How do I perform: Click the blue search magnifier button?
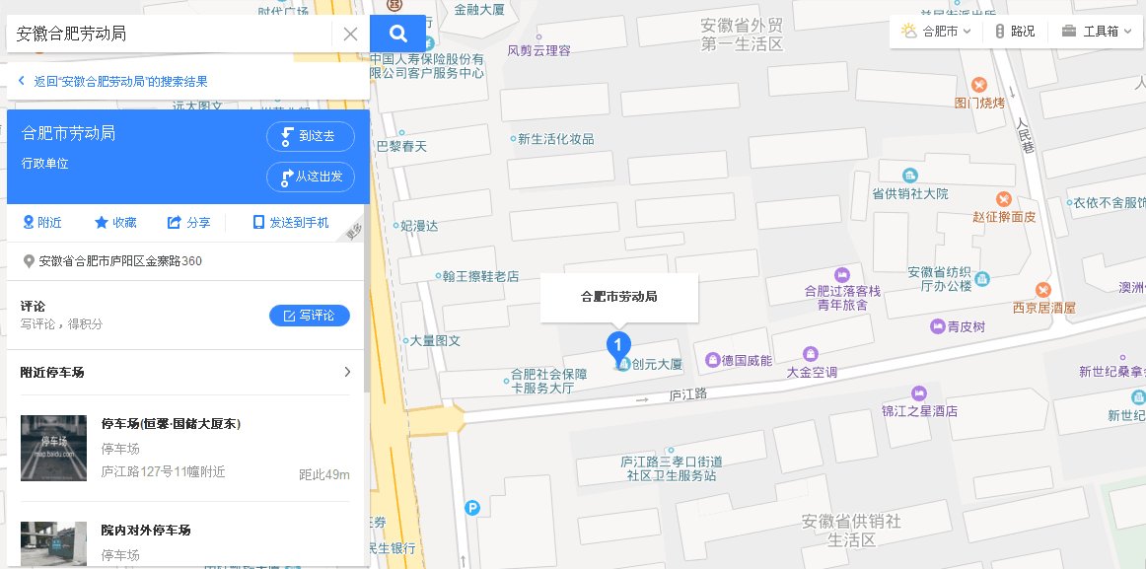(398, 34)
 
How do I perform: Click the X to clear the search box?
(350, 34)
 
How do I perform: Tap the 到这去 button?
(310, 136)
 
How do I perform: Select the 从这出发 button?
(310, 177)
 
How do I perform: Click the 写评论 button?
(309, 316)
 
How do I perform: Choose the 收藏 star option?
(115, 223)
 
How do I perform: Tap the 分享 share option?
(189, 223)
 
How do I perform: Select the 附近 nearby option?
(41, 223)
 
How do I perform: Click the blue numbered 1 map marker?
(617, 345)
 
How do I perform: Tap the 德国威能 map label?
(747, 359)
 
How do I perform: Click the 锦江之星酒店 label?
(919, 410)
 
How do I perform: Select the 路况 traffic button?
(1015, 32)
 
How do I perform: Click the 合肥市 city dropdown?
(937, 32)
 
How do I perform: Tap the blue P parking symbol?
(472, 508)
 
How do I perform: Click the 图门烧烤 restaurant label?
(979, 102)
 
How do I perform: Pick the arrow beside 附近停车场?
(347, 373)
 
